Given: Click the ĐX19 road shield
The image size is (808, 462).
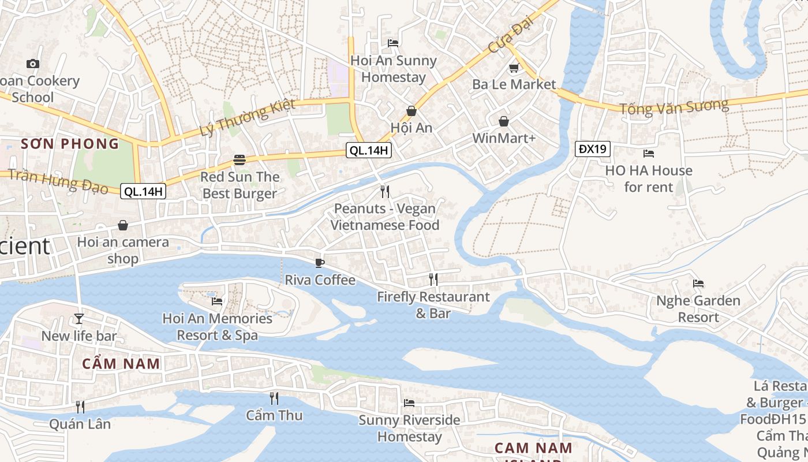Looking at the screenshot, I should (593, 149).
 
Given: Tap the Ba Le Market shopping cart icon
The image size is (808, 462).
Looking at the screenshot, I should (514, 68).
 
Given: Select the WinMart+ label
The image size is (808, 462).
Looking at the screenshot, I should (504, 139).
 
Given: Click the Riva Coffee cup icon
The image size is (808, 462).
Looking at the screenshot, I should (320, 263).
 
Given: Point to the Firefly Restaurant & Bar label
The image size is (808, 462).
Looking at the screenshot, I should (433, 305).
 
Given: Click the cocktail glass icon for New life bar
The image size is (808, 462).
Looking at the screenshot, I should (79, 319).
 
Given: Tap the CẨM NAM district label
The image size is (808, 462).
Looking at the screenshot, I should (121, 364).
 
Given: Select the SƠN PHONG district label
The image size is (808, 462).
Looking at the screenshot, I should (70, 144).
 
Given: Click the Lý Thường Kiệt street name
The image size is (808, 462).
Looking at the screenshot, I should (248, 118).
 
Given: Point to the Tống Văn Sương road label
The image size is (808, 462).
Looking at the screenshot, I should (674, 107).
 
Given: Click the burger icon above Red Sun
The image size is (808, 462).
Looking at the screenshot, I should (240, 160).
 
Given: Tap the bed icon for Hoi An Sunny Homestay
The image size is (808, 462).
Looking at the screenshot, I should (393, 43).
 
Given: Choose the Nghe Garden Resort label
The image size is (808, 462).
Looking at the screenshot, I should (698, 309).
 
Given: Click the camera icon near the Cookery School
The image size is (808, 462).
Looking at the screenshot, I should (33, 64).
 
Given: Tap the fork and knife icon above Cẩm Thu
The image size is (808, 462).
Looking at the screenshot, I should (274, 398).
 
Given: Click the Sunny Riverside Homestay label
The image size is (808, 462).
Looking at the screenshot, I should (409, 428).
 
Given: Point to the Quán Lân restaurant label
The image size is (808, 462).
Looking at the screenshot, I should (80, 424).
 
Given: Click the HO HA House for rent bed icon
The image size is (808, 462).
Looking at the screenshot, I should (649, 154).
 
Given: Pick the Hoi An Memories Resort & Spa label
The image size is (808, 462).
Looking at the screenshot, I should (217, 326).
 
